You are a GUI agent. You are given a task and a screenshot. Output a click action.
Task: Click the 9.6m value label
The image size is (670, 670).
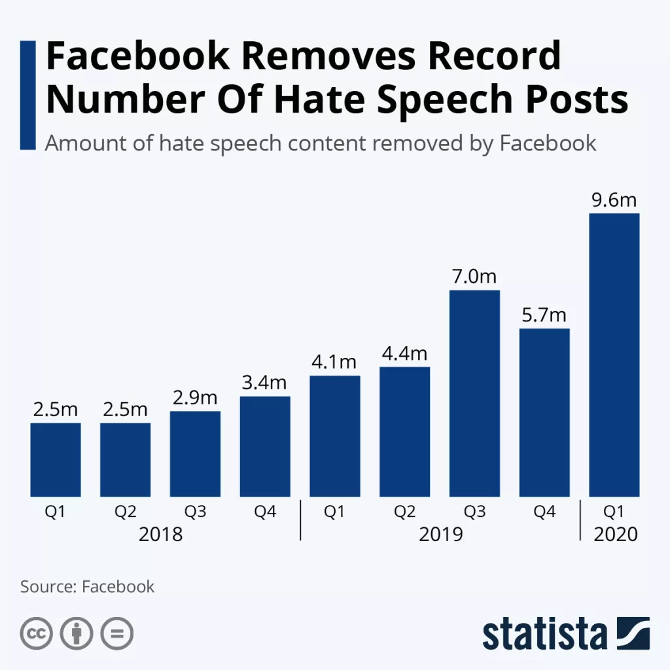pos(614,200)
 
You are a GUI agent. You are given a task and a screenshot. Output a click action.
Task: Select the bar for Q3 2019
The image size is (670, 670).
pos(474,393)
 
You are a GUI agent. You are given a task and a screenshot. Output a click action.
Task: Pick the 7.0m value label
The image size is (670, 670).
pos(474,277)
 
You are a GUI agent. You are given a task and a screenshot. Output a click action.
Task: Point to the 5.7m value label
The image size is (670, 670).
pos(544,315)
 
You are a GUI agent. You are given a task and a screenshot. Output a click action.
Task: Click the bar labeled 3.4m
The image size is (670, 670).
pos(265,446)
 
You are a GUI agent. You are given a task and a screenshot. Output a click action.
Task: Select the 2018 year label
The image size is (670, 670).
pos(160,534)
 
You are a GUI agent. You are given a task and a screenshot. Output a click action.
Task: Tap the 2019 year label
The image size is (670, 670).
pos(440,534)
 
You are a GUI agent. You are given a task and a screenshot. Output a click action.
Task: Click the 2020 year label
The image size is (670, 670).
pos(615,534)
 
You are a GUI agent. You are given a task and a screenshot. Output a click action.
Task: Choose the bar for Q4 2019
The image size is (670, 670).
pos(544,412)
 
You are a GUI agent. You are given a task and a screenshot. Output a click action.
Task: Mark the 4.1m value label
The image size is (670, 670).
pos(334,362)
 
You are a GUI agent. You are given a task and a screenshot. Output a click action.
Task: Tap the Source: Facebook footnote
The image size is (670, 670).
pos(87,586)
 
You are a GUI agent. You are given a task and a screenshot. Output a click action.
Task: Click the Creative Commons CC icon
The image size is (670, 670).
pos(37,633)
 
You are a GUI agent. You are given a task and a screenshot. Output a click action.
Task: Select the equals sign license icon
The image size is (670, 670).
pos(116,633)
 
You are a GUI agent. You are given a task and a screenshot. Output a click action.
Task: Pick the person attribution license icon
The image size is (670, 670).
pos(77,633)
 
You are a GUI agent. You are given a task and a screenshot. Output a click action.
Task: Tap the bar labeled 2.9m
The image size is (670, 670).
pos(195,453)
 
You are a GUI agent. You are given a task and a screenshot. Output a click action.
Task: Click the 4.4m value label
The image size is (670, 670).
pos(404,354)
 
